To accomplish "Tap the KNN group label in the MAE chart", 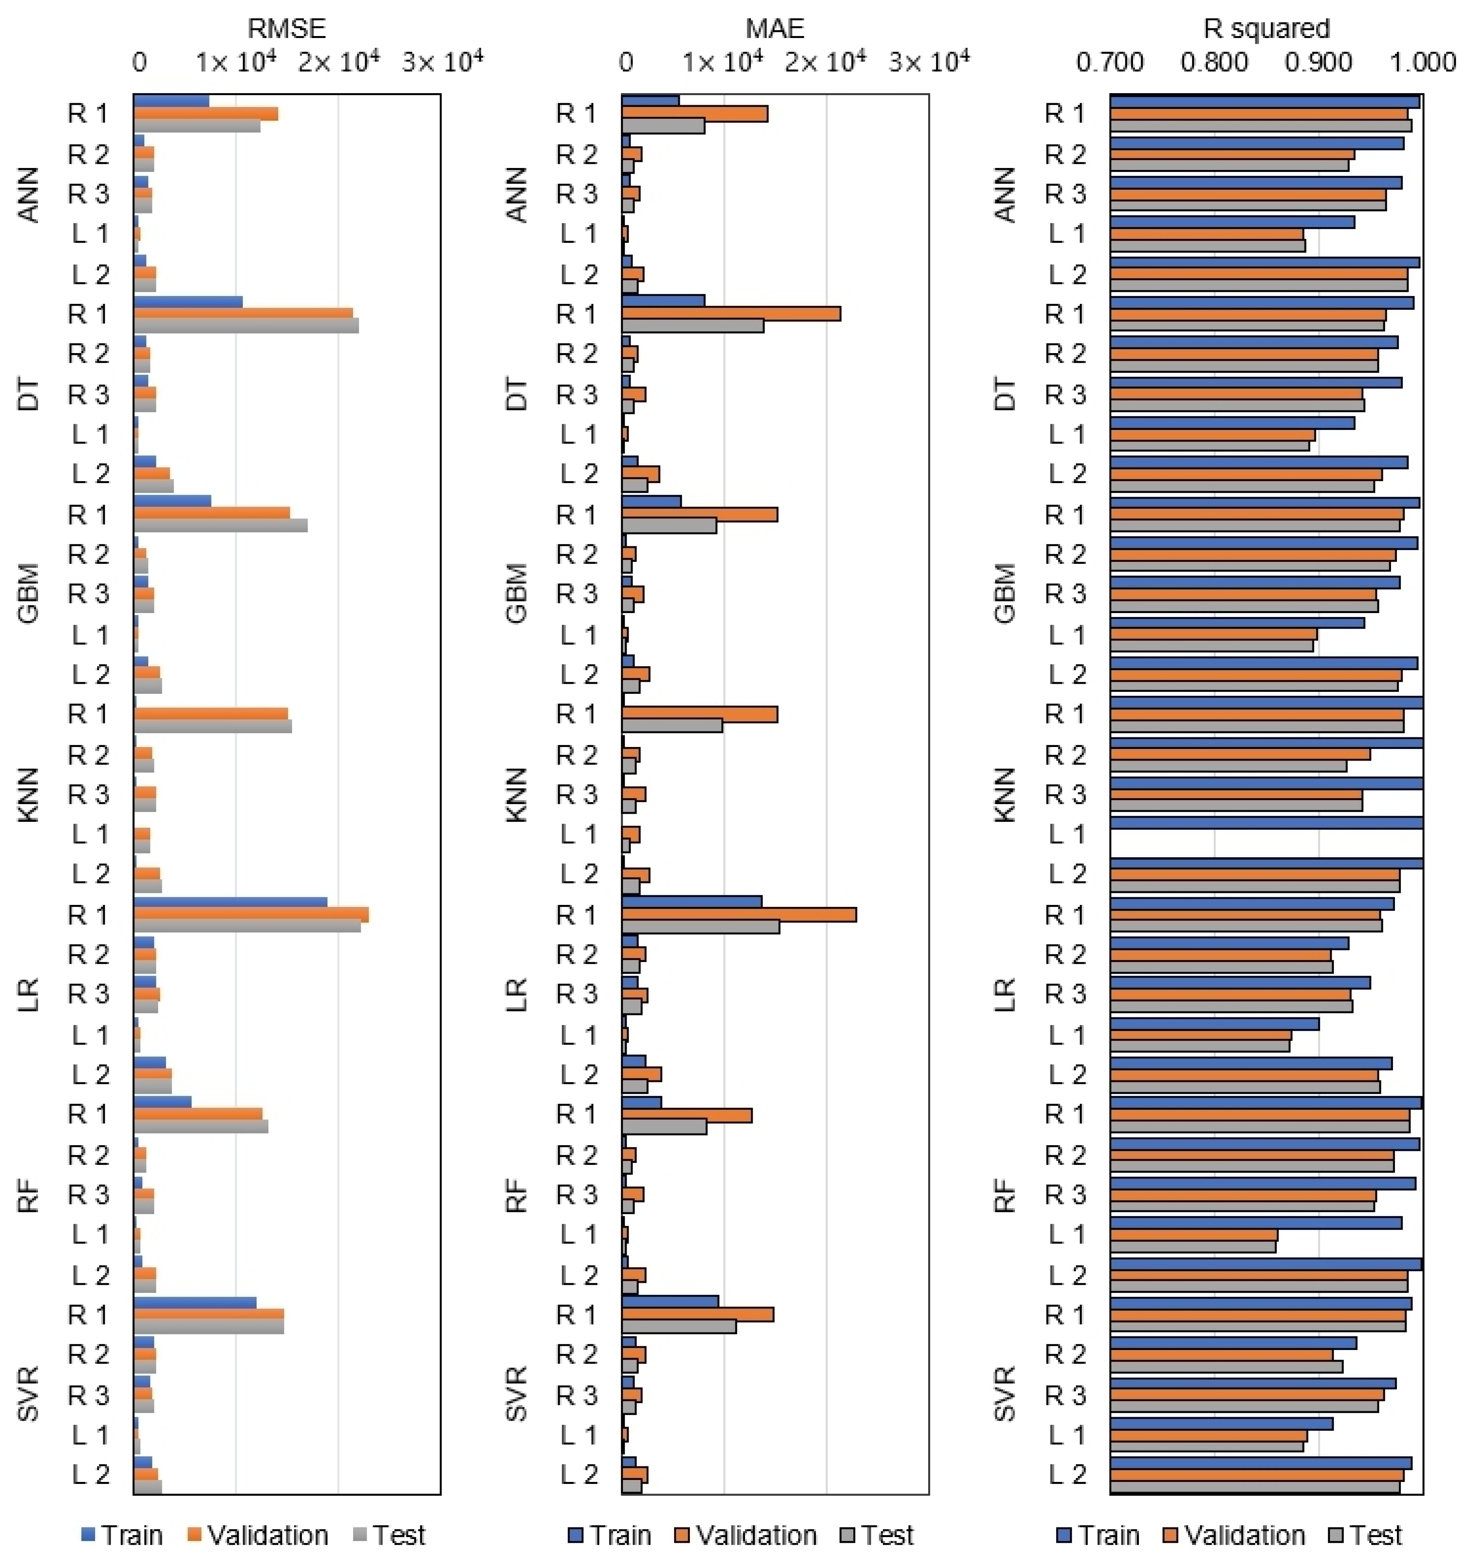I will click(517, 794).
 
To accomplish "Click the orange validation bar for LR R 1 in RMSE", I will click(251, 914).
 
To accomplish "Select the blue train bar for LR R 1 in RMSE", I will click(230, 903).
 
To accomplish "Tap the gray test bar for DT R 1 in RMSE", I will click(246, 326).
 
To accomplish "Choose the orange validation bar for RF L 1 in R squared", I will click(1194, 1235).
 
